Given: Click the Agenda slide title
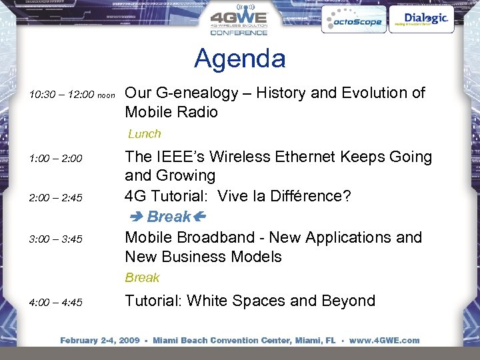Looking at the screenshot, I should [239, 59].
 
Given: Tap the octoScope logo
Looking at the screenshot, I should [352, 21].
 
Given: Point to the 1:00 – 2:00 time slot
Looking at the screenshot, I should [55, 159].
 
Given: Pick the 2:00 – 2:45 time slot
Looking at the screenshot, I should [55, 198].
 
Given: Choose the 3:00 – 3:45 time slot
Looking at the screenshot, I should [55, 239].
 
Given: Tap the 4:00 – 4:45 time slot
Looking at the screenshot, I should [55, 303].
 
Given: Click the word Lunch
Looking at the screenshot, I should [144, 134].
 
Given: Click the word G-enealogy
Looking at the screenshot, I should [196, 93].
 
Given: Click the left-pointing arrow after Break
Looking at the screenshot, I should [199, 217].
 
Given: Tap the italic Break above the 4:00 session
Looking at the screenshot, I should [142, 277].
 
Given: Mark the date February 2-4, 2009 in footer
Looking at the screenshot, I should [99, 341].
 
